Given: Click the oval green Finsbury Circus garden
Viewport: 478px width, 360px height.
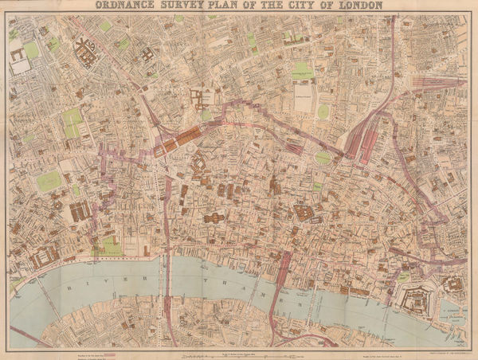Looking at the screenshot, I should (x=322, y=158).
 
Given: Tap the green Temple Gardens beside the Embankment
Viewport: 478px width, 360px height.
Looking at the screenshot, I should (x=111, y=248).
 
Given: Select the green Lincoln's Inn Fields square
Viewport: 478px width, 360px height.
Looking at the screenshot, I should (x=49, y=181).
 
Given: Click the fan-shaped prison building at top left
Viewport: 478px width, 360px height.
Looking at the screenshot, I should (x=86, y=54).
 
